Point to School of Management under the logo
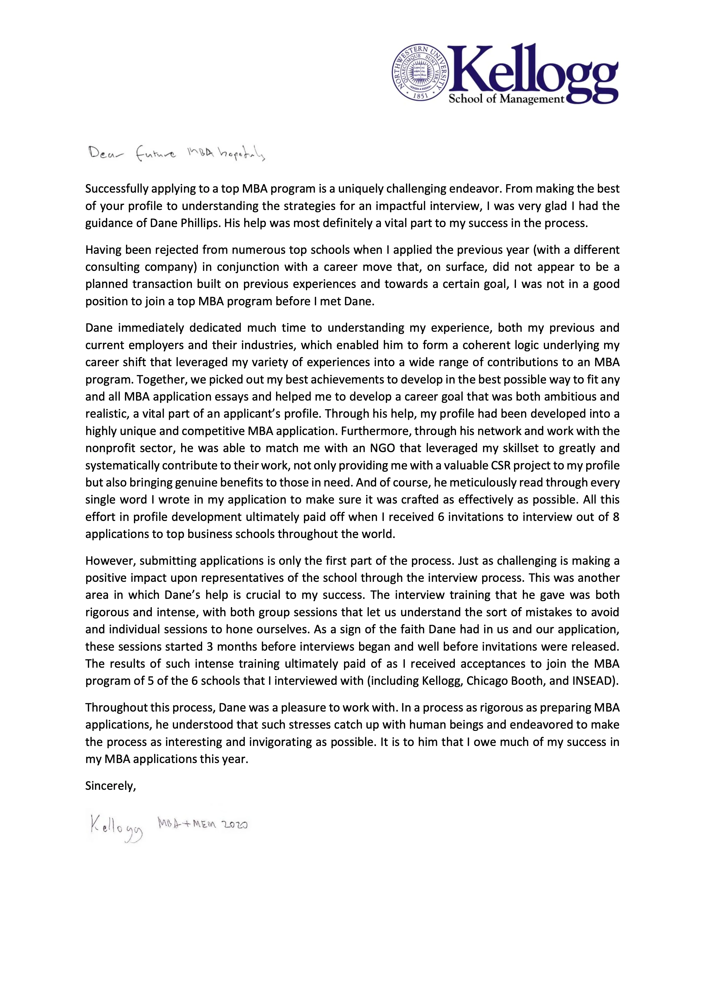click(x=506, y=99)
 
